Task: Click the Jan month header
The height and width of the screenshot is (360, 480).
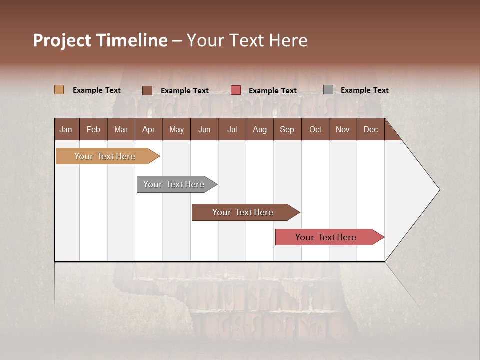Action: click(66, 129)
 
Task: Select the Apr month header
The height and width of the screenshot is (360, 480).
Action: click(149, 129)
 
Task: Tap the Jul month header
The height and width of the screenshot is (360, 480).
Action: click(232, 129)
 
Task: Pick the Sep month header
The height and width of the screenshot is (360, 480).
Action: click(287, 129)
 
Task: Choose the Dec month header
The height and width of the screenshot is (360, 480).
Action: click(370, 129)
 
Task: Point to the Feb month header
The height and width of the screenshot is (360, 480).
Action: click(93, 129)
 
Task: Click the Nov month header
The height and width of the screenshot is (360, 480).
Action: click(343, 129)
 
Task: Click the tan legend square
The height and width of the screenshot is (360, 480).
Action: click(59, 90)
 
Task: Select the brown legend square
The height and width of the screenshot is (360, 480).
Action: click(147, 90)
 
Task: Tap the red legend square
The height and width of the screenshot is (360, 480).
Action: click(236, 90)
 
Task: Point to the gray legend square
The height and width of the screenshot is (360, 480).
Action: click(328, 90)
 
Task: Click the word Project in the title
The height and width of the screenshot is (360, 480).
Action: click(62, 40)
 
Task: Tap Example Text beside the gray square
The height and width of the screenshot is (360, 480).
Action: click(364, 90)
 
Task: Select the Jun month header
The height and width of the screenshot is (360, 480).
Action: click(204, 129)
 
